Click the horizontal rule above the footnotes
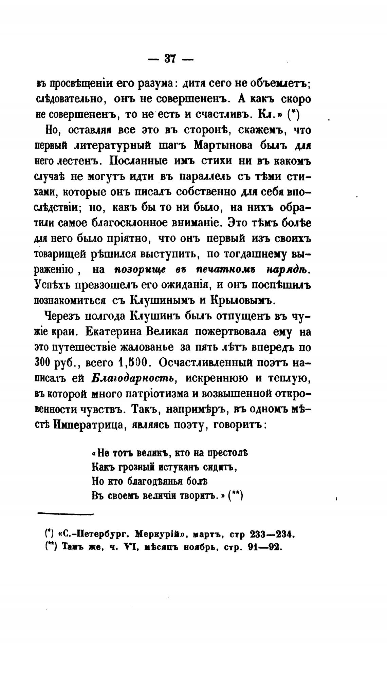click(x=64, y=514)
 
